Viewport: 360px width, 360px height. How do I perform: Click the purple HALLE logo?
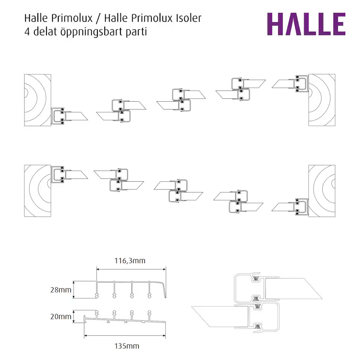tap(306, 24)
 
